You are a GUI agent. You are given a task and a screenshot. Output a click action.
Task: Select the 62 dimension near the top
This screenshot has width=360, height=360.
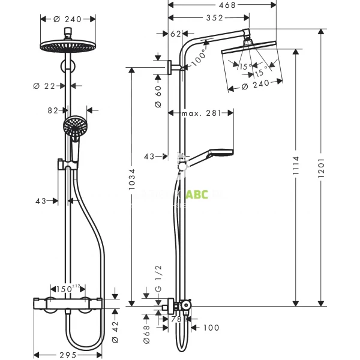[175, 34]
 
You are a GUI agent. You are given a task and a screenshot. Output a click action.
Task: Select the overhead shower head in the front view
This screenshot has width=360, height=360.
[68, 46]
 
